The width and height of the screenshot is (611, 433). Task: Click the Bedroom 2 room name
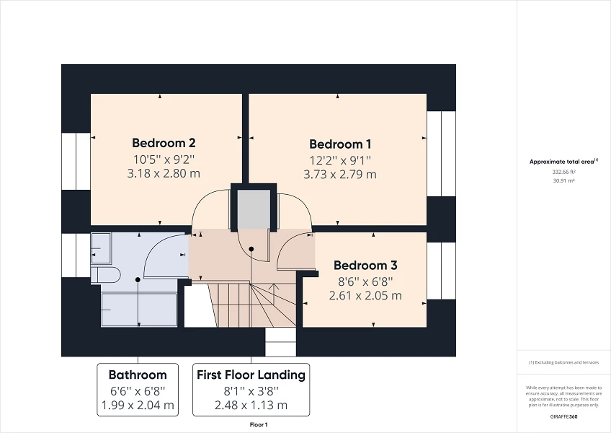[x=164, y=143]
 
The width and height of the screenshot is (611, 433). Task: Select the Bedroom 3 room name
[x=365, y=265]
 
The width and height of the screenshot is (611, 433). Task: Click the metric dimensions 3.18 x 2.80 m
[x=164, y=173]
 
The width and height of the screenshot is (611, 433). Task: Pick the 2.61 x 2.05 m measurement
[x=365, y=295]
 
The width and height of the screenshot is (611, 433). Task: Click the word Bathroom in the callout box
[x=138, y=375]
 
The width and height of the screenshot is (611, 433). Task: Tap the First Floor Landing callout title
[x=251, y=375]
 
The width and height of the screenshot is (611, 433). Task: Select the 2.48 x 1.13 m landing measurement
[x=251, y=405]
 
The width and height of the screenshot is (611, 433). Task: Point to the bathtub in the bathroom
[x=139, y=310]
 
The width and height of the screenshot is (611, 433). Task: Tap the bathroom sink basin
[x=100, y=248]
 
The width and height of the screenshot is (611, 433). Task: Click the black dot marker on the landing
[x=251, y=249]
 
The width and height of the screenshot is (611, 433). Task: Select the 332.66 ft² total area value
[x=563, y=173]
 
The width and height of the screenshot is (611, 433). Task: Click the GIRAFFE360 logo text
[x=563, y=417]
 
